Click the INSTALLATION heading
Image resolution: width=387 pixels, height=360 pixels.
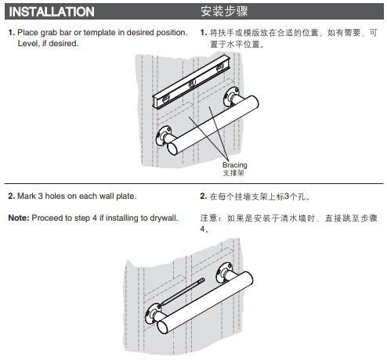[x=52, y=12]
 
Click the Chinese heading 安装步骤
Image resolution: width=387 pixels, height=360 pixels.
[x=224, y=12]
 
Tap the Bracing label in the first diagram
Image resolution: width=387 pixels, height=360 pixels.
[x=234, y=165]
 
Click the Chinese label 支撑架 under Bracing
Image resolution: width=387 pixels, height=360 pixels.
[x=233, y=173]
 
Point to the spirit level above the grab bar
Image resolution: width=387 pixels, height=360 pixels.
[x=190, y=82]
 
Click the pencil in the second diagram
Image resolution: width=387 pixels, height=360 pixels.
[x=182, y=292]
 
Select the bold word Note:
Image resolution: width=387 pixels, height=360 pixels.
[x=19, y=218]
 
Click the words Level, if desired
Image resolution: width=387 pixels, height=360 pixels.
[x=48, y=44]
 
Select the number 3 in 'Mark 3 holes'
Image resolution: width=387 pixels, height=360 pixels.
[x=41, y=196]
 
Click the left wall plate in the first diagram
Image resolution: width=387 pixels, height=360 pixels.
[x=164, y=135]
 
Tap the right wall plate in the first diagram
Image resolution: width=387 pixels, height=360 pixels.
[x=231, y=96]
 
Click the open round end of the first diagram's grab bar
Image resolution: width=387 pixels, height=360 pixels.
[x=173, y=149]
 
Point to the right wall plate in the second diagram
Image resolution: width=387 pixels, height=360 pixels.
[x=224, y=272]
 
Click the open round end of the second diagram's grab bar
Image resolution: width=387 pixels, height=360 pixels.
[x=162, y=327]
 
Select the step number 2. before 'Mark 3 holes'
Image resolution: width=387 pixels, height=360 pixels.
[x=12, y=196]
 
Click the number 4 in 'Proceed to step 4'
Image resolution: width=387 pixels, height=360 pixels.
[x=95, y=218]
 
